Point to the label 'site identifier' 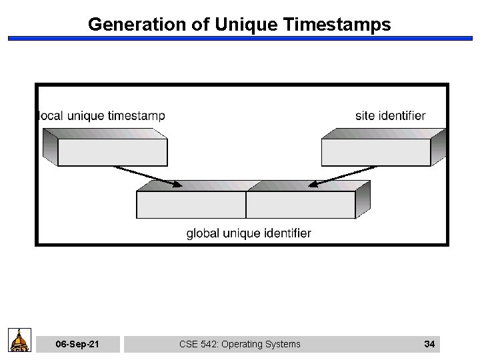[x=390, y=116]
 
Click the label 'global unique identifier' [x=248, y=233]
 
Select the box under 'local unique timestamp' [x=112, y=152]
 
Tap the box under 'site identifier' [x=376, y=152]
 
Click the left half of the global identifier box [x=191, y=205]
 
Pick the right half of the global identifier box [x=300, y=205]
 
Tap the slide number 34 [x=429, y=344]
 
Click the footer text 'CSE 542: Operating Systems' [x=240, y=344]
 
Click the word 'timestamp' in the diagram [x=135, y=116]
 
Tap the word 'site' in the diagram [x=365, y=116]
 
